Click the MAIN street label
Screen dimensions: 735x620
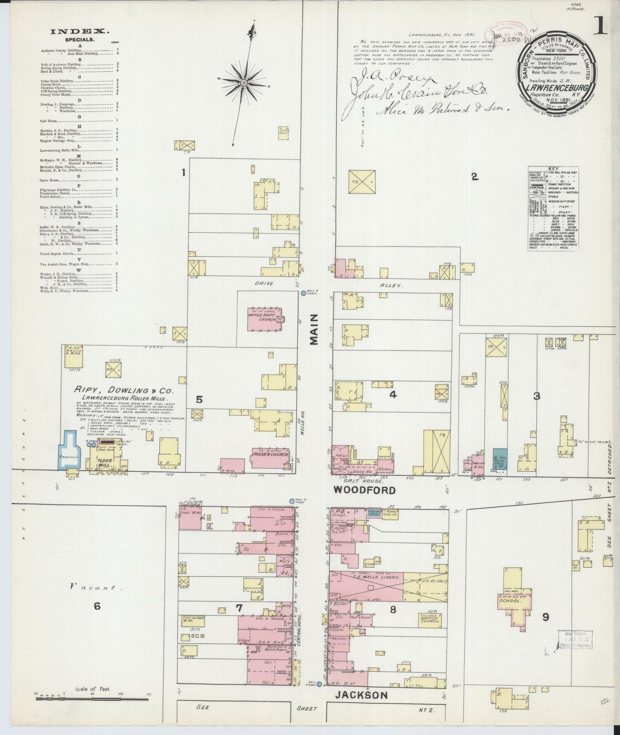click(315, 329)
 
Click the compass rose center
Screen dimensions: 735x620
click(244, 82)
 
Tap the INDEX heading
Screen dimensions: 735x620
click(80, 31)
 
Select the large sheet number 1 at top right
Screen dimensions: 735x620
click(601, 28)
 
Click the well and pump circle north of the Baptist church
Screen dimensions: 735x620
click(303, 293)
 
